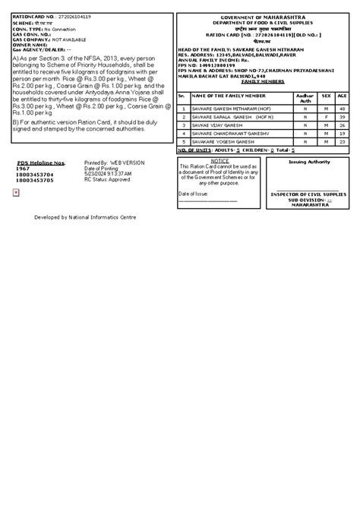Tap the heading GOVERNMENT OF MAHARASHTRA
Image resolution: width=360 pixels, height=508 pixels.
pos(261,17)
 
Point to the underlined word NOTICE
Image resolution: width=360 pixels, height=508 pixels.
pos(220,162)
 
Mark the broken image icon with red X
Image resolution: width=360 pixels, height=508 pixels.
pos(16,193)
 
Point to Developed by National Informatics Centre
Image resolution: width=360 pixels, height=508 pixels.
pos(85,217)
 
